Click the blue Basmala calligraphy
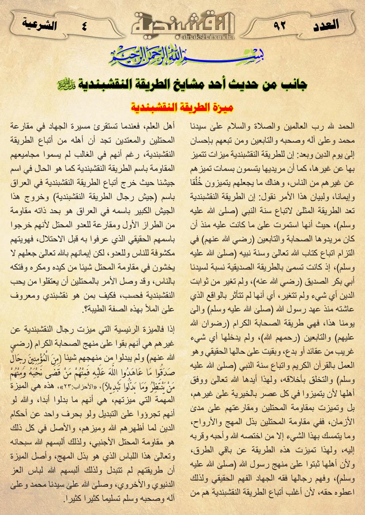tap(182, 56)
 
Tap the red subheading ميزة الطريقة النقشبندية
tap(182, 107)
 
